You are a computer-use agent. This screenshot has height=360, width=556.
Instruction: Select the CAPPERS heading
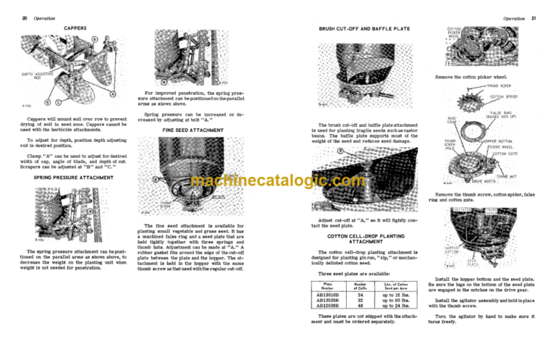(75, 28)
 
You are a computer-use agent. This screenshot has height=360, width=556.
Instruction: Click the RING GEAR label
(452, 120)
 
